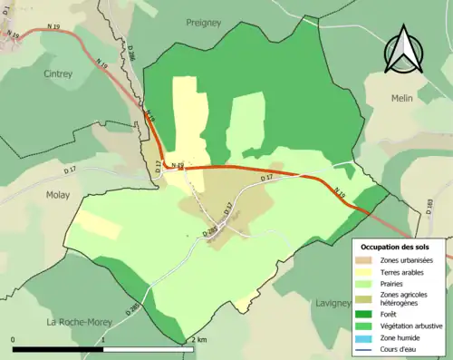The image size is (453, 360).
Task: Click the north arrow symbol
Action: [402, 51]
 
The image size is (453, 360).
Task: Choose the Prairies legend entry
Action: [397, 283]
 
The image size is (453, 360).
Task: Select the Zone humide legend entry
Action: [403, 337]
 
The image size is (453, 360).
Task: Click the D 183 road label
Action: [428, 206]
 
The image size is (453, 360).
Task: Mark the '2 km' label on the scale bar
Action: [198, 339]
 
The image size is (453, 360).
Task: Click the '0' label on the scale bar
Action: [14, 339]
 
